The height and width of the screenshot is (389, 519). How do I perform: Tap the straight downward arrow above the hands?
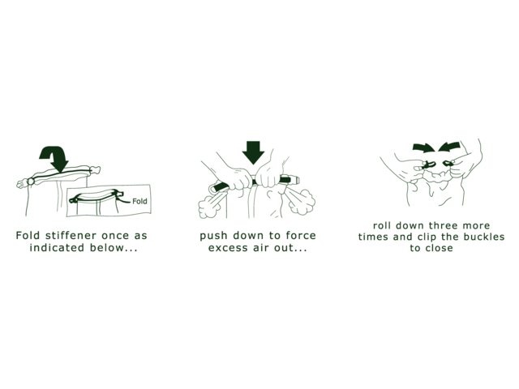coord(253,152)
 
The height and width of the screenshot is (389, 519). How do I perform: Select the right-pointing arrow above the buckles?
coord(424,147)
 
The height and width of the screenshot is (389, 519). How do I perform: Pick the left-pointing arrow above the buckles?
coord(448,147)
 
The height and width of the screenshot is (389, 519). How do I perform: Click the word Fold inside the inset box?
coord(139,201)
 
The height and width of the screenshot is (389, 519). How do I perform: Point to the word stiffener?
coord(71,236)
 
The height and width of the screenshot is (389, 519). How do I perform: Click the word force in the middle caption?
coord(301,236)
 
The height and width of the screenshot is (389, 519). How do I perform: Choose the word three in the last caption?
coord(441,225)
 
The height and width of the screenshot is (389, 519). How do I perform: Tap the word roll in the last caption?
coord(382,225)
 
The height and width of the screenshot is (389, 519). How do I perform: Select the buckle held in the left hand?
coord(429,164)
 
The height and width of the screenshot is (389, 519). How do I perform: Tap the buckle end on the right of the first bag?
coord(95,170)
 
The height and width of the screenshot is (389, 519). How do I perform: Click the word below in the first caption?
coord(105,247)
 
